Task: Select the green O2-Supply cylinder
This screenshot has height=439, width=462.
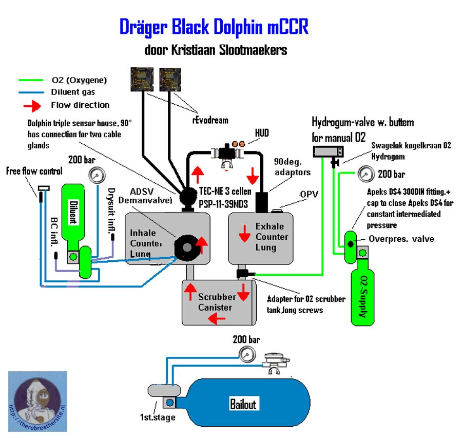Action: (364, 298)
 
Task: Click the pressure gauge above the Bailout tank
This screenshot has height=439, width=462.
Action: (248, 354)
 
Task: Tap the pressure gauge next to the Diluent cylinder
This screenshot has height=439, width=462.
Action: (95, 176)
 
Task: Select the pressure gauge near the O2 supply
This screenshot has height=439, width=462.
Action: (364, 175)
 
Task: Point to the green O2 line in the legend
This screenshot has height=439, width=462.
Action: (31, 80)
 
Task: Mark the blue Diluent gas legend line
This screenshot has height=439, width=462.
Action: (31, 92)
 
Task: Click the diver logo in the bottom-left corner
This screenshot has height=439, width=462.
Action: (37, 400)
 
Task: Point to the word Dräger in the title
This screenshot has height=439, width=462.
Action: (149, 27)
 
